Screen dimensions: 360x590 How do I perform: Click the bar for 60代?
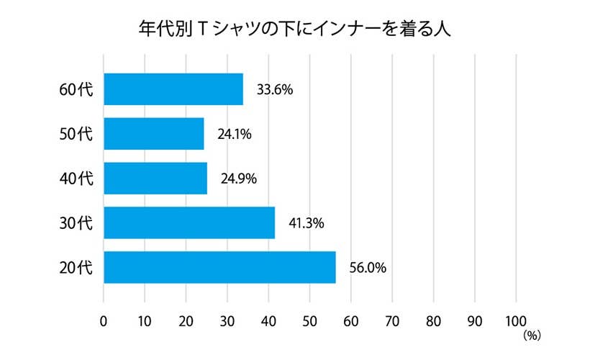pos(173,90)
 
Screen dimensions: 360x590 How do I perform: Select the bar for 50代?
pos(154,135)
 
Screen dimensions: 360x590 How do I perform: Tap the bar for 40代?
pos(155,179)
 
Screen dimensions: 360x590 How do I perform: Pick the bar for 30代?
pos(189,223)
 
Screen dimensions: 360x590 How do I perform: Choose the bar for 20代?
pos(219,268)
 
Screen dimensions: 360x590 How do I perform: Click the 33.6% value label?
pos(274,91)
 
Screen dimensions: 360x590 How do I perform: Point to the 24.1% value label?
pos(234,135)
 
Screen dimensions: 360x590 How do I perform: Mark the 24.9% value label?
pos(237,179)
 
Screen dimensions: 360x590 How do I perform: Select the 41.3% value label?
pos(307,224)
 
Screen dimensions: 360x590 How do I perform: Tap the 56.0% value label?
pos(368,269)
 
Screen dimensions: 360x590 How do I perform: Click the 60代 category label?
pos(76,91)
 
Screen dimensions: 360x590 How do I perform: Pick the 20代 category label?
pos(76,269)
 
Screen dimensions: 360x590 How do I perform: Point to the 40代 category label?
pos(76,179)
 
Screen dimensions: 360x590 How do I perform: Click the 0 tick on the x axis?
pos(104,320)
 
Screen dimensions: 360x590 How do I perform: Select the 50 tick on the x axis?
pos(310,320)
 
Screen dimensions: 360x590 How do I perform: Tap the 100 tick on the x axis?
pos(516,320)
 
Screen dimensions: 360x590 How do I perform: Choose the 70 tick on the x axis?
pos(393,320)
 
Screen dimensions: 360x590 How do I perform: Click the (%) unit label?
pos(532,335)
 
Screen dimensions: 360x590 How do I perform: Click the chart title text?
pos(294,30)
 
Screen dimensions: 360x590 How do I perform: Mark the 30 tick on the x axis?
pos(227,320)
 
